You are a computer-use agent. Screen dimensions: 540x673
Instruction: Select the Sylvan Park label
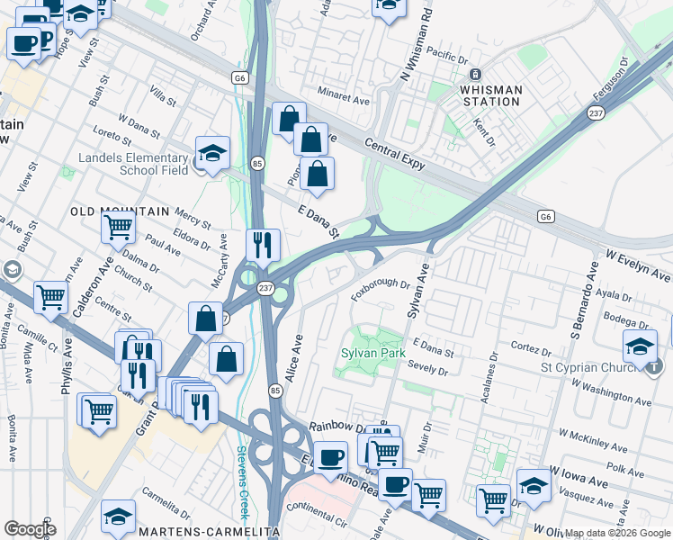tap(371, 353)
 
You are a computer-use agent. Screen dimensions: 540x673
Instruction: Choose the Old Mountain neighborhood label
tap(120, 211)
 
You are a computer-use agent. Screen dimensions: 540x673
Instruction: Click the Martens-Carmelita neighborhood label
tap(209, 532)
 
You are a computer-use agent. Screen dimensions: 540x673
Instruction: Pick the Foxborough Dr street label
tap(380, 287)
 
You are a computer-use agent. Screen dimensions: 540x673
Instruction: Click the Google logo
tap(29, 529)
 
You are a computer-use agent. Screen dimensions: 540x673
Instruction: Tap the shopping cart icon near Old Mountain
tap(119, 229)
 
